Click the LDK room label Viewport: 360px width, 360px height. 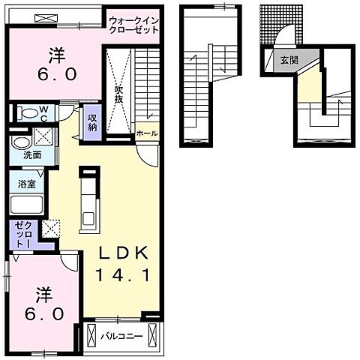(x=123, y=253)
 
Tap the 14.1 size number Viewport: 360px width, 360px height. (x=123, y=275)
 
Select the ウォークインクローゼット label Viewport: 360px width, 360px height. (x=134, y=25)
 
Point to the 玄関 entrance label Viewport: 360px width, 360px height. (x=289, y=60)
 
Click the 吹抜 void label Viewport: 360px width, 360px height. (x=118, y=94)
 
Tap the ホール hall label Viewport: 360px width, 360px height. (x=147, y=133)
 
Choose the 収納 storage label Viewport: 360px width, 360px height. (x=92, y=123)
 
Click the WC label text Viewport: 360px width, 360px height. (x=44, y=114)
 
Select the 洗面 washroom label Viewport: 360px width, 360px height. (x=32, y=155)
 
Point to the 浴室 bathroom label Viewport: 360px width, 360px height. (x=27, y=184)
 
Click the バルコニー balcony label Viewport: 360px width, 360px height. (x=121, y=336)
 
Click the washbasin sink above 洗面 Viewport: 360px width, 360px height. (x=22, y=142)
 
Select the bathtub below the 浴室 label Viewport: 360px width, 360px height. (x=27, y=205)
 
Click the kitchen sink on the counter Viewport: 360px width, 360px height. (x=89, y=219)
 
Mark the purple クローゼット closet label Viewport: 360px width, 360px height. (x=23, y=235)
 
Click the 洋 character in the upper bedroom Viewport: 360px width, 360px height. (x=57, y=55)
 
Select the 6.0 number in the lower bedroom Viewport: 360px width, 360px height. (x=44, y=314)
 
